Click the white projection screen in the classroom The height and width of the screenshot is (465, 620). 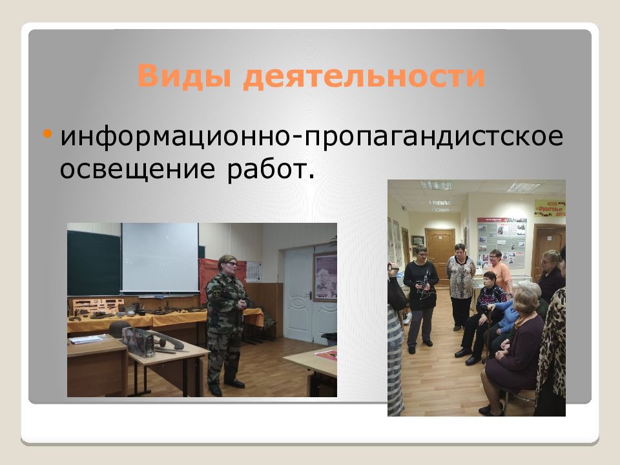coord(160,258)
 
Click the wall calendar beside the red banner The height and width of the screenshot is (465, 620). coord(253,271)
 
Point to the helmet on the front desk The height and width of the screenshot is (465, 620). coord(119,329)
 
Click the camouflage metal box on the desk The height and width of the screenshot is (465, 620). coord(138,342)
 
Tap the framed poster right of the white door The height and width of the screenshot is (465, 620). coord(325,276)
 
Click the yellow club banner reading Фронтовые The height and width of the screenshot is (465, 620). coord(550,208)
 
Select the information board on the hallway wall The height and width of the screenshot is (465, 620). coord(501,243)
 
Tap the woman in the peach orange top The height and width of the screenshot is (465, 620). coord(498,271)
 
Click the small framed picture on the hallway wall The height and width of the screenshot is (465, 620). coord(418,240)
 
